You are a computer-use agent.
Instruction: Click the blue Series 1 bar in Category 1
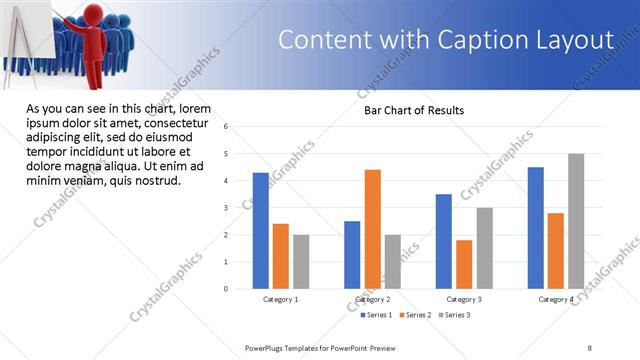(261, 230)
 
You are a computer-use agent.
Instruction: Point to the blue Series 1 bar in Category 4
(536, 227)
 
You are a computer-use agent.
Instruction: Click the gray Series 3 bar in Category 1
(301, 261)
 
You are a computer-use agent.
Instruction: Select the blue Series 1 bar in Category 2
(352, 254)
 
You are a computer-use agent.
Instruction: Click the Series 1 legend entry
(377, 315)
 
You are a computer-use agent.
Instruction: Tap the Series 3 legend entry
(455, 315)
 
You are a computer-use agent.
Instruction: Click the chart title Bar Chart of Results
(413, 110)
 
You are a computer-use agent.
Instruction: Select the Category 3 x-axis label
(463, 299)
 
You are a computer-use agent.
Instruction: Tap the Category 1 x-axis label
(280, 299)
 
